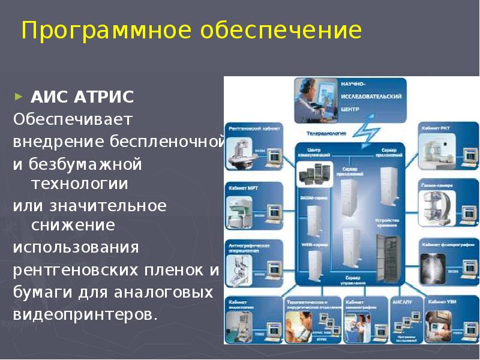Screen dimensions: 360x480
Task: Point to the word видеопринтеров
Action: pos(85,314)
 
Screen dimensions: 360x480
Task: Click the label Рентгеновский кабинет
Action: pos(246,128)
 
